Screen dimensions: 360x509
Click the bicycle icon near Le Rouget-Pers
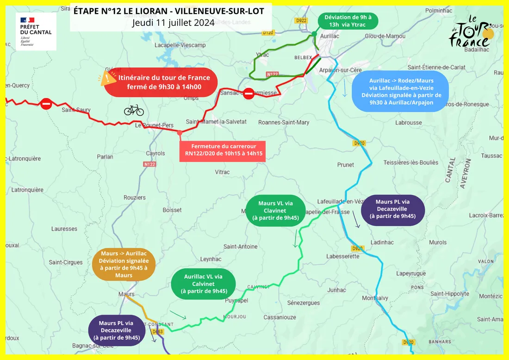(x=134, y=110)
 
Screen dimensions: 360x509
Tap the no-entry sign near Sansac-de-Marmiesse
(x=249, y=93)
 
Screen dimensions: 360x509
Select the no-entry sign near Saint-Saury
(x=46, y=104)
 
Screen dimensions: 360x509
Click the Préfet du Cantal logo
(x=36, y=31)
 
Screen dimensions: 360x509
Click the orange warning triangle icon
(x=108, y=78)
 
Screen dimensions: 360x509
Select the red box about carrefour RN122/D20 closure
(x=222, y=149)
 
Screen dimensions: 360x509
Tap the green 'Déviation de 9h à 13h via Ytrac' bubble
(x=348, y=21)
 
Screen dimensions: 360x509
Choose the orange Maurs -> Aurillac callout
(x=124, y=265)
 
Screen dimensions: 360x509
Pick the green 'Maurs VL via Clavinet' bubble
(x=275, y=210)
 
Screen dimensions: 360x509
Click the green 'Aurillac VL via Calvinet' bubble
(x=203, y=284)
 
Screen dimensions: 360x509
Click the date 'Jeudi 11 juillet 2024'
(x=173, y=22)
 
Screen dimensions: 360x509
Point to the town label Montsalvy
(x=375, y=298)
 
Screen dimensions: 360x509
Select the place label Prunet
(x=346, y=165)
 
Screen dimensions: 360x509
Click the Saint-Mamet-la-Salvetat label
(x=216, y=122)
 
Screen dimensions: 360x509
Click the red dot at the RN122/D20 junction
(x=180, y=133)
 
